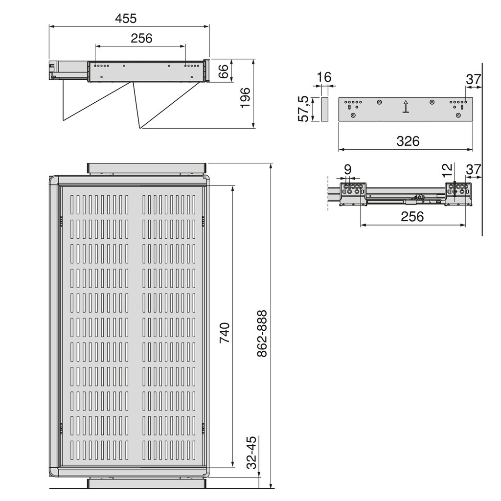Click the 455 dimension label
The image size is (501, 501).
[x=126, y=18]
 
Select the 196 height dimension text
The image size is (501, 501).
[x=245, y=97]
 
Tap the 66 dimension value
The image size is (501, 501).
[x=223, y=71]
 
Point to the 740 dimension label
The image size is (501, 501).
[x=225, y=333]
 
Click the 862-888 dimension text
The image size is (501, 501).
[x=262, y=333]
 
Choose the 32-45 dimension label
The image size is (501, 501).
[x=252, y=453]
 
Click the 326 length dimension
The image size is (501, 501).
[x=408, y=141]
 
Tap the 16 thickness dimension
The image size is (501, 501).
[x=324, y=77]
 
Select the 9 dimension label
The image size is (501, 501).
[x=348, y=169]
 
